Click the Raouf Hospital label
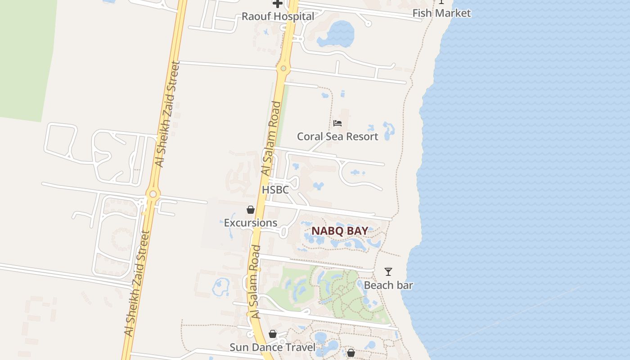278,17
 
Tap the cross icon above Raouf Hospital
278,4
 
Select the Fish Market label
441,13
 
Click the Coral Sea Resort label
337,136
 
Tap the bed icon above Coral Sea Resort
337,123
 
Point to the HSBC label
275,190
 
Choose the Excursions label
251,223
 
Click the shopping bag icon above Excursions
251,210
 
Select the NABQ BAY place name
340,231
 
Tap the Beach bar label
388,285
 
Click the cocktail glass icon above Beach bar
388,272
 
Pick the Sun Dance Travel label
272,347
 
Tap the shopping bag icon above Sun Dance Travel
272,334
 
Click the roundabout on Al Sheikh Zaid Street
153,194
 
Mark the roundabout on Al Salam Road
283,69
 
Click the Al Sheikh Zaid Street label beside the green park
166,114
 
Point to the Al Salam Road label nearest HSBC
271,139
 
